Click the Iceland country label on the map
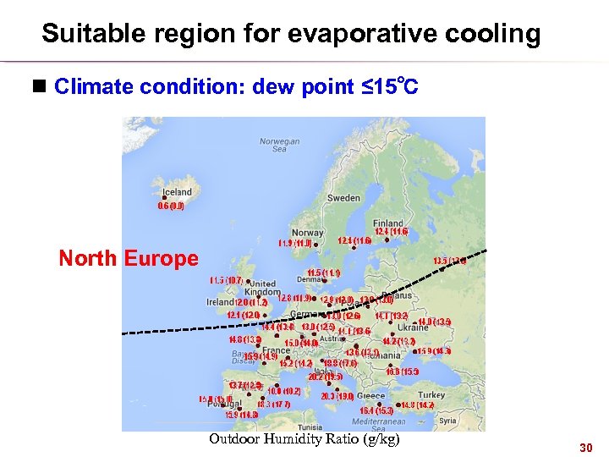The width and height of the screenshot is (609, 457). [175, 192]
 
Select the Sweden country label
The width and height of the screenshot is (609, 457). [343, 197]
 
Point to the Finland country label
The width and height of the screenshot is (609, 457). [388, 223]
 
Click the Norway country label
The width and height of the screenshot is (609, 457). [307, 233]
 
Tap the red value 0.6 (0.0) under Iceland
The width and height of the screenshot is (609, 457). [171, 206]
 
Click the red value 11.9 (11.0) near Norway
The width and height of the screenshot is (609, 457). [296, 244]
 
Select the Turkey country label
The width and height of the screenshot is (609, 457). [431, 395]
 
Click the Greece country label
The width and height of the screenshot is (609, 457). [370, 395]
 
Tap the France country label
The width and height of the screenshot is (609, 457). [275, 350]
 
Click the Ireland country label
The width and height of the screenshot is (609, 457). [220, 302]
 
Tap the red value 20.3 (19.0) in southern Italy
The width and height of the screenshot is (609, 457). [337, 396]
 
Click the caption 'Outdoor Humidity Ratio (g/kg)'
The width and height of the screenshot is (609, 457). [304, 439]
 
